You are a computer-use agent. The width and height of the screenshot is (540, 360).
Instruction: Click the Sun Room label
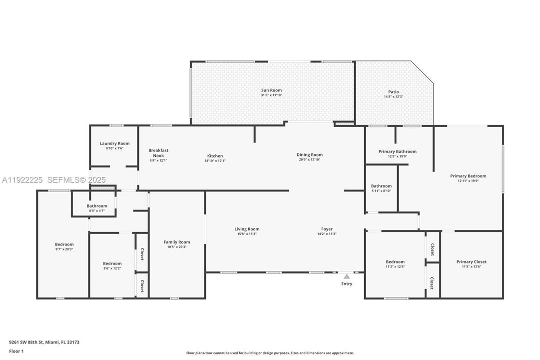(271, 90)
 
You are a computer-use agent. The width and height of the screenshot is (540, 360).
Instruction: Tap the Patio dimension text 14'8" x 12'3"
(393, 97)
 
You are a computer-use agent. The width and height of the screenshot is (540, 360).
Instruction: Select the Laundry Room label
(114, 143)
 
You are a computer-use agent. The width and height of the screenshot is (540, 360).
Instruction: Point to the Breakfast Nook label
(158, 153)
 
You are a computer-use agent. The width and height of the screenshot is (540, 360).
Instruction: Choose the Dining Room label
(310, 154)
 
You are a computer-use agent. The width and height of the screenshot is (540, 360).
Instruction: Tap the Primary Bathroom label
(397, 151)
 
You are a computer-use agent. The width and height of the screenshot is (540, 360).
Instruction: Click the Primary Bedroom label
(468, 176)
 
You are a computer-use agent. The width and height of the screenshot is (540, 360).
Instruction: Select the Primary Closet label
(471, 261)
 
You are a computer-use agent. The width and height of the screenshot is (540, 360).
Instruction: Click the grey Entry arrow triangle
(347, 276)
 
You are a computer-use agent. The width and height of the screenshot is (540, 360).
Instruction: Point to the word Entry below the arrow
(347, 284)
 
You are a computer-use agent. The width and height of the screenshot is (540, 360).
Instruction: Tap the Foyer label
(327, 229)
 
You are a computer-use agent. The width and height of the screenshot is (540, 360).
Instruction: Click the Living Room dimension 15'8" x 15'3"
(247, 234)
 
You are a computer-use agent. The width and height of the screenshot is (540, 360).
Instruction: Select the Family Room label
(177, 242)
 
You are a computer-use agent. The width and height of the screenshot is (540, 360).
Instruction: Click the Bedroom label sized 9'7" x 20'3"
(64, 244)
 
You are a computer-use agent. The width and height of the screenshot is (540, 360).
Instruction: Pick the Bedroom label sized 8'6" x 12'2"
(112, 263)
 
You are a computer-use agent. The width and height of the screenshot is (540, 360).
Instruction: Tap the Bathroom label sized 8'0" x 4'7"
(97, 206)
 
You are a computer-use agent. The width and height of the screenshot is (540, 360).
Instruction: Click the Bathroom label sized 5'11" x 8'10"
(381, 186)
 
